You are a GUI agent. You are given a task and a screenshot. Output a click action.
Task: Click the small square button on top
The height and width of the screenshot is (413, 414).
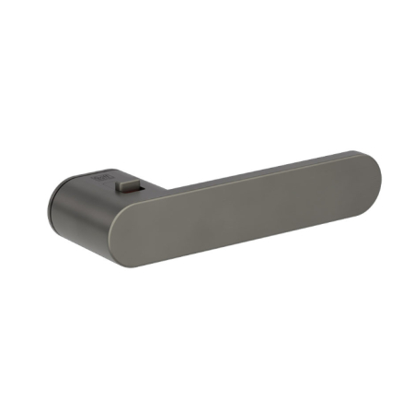click(x=122, y=187)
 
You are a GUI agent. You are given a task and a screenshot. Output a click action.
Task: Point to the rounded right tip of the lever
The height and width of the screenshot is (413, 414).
click(x=370, y=184)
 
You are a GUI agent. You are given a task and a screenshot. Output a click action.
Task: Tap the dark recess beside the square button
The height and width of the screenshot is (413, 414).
click(x=136, y=192)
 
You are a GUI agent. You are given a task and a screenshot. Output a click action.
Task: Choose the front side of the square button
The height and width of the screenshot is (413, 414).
click(x=122, y=191)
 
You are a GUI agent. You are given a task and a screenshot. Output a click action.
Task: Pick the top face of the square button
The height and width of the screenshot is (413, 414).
click(x=122, y=184)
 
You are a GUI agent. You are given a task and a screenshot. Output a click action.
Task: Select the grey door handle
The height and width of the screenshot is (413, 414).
click(x=212, y=207)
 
